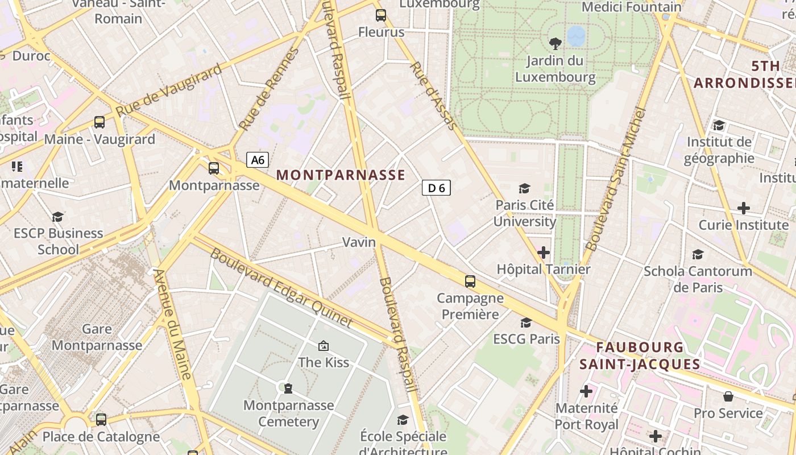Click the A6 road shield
pyautogui.click(x=258, y=160)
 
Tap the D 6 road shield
pyautogui.click(x=436, y=188)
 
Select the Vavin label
pyautogui.click(x=359, y=242)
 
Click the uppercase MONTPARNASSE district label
pyautogui.click(x=341, y=175)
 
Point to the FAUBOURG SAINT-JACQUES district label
pyautogui.click(x=640, y=355)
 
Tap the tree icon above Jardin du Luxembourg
pyautogui.click(x=554, y=43)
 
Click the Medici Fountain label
pyautogui.click(x=631, y=7)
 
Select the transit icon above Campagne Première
pyautogui.click(x=470, y=281)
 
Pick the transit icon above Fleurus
pyautogui.click(x=381, y=15)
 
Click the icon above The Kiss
pyautogui.click(x=324, y=345)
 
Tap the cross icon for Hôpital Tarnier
pyautogui.click(x=544, y=252)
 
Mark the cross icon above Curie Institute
pyautogui.click(x=743, y=208)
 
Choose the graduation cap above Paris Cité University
pyautogui.click(x=524, y=188)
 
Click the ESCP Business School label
pyautogui.click(x=58, y=241)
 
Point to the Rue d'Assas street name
pyautogui.click(x=433, y=95)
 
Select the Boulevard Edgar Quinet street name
pyautogui.click(x=281, y=288)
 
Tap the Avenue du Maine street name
pyautogui.click(x=173, y=324)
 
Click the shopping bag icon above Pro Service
pyautogui.click(x=728, y=396)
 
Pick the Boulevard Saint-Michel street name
pyautogui.click(x=616, y=179)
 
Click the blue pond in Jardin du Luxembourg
pyautogui.click(x=576, y=35)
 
